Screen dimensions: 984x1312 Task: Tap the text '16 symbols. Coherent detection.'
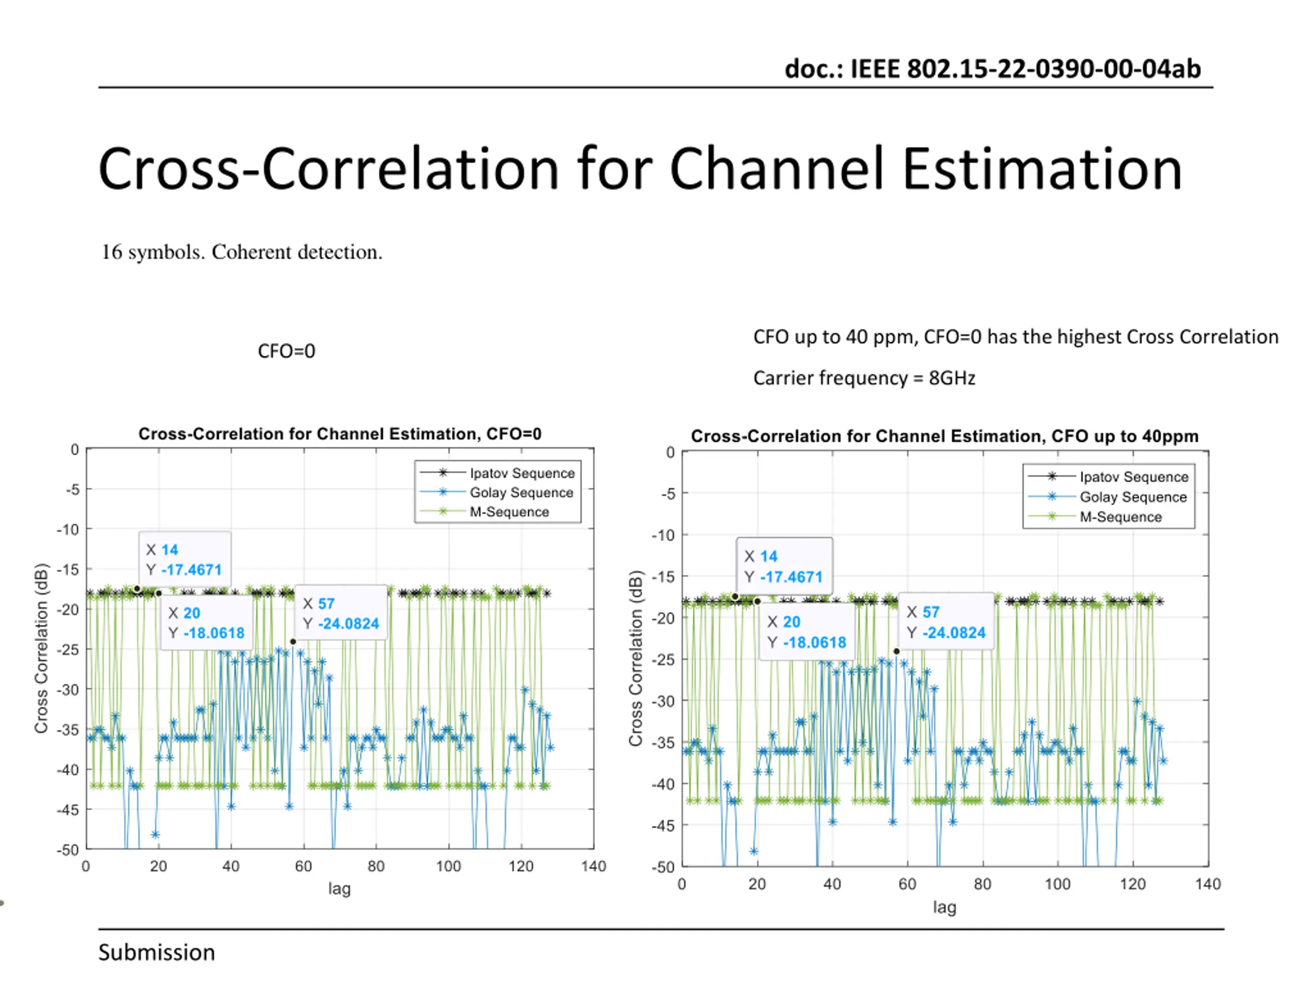[242, 252]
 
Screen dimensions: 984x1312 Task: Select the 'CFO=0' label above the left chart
[286, 351]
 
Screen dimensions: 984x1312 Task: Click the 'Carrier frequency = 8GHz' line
[864, 378]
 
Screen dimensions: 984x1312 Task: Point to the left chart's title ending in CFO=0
[340, 434]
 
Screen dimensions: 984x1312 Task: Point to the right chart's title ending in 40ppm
[944, 436]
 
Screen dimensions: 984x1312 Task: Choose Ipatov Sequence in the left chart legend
[521, 473]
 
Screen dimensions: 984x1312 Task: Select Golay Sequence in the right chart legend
[1132, 497]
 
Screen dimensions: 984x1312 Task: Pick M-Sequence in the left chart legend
[509, 511]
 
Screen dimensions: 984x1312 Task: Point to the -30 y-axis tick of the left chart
[68, 689]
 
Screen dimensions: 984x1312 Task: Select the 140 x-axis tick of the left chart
[593, 866]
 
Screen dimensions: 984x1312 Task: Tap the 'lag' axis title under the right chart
[944, 907]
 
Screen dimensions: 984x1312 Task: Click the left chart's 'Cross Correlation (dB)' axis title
[40, 648]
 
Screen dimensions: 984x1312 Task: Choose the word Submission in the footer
[157, 953]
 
